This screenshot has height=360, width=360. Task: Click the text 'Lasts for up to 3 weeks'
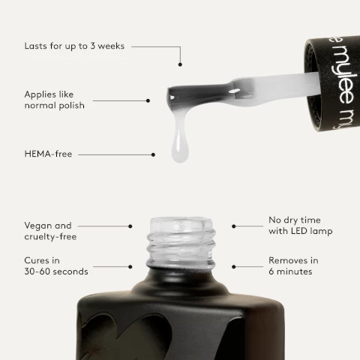click(x=73, y=46)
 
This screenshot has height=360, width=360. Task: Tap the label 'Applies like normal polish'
click(x=54, y=100)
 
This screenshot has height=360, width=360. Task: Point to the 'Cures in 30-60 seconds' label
click(x=55, y=265)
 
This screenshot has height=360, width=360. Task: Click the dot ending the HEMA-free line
click(x=154, y=154)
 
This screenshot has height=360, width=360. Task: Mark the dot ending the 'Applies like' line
click(x=148, y=100)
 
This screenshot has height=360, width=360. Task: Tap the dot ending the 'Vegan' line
click(x=130, y=225)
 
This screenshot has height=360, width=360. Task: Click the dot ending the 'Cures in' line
click(x=130, y=265)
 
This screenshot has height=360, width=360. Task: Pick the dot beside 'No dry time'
click(x=234, y=225)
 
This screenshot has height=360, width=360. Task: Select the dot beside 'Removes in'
click(x=234, y=265)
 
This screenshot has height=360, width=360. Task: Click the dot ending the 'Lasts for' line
click(x=181, y=66)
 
